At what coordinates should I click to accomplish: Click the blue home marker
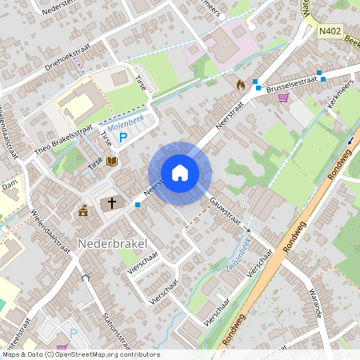[180, 173]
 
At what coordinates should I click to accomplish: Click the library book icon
[113, 162]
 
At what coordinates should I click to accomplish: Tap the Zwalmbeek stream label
[239, 255]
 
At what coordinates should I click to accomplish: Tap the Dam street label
[10, 185]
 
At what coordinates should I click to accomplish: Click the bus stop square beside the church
[138, 205]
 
